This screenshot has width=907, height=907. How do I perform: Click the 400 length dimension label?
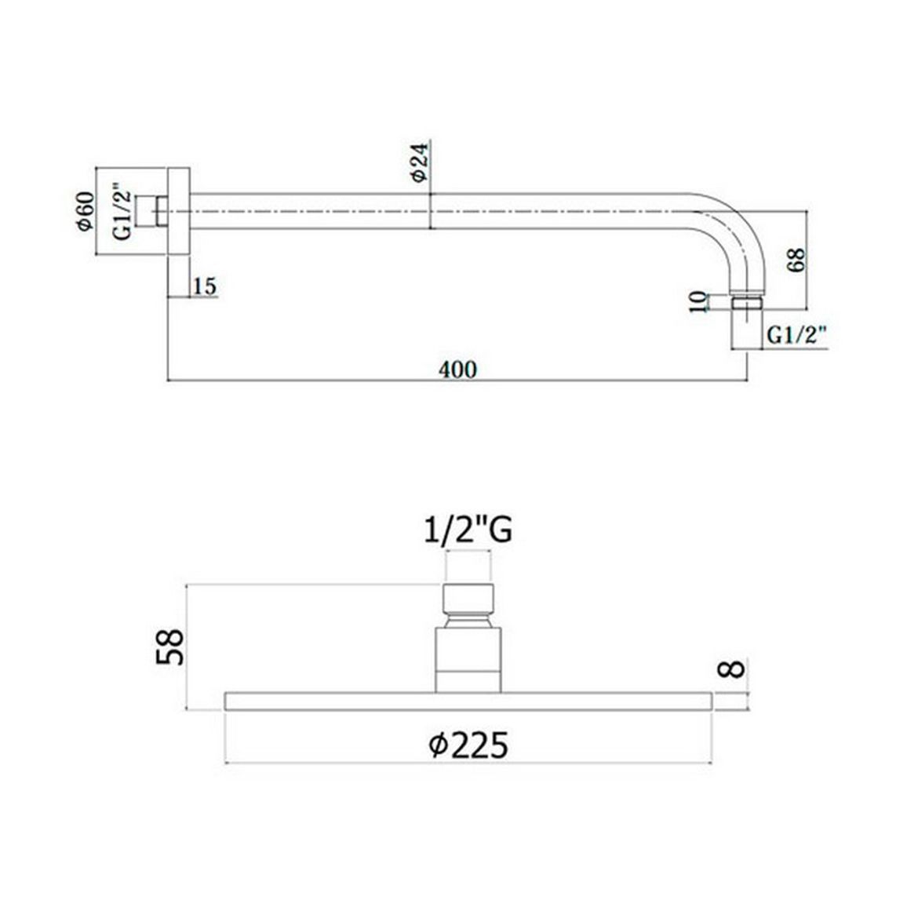point(457,369)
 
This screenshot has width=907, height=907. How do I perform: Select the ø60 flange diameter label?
point(85,211)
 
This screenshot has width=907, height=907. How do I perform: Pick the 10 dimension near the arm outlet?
point(699,302)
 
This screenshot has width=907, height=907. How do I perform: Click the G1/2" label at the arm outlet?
point(796,335)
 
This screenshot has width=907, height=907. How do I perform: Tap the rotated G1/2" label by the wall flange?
point(122,211)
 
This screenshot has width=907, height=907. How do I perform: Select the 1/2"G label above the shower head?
point(468,530)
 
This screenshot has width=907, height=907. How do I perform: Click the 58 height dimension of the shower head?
point(170,647)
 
